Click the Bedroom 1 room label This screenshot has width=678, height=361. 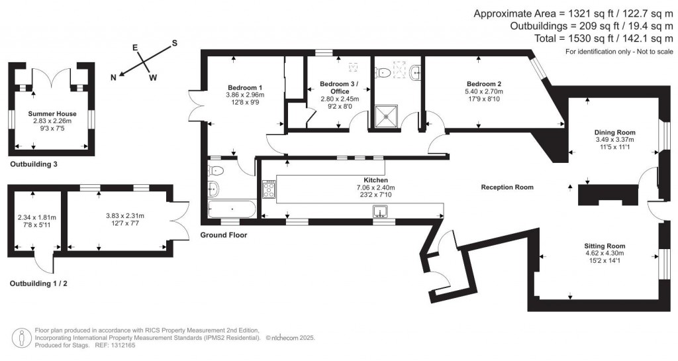(x=245, y=87)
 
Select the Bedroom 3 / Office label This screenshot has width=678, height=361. (x=339, y=87)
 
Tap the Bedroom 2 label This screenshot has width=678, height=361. (x=483, y=83)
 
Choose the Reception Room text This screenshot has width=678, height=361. (x=507, y=187)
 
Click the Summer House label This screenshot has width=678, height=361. (x=50, y=114)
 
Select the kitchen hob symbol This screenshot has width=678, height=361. (x=269, y=189)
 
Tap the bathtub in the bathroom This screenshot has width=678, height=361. (x=232, y=209)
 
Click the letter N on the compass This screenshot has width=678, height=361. (x=114, y=77)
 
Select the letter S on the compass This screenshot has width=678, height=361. (x=175, y=43)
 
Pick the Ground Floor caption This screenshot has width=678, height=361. (x=223, y=234)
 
